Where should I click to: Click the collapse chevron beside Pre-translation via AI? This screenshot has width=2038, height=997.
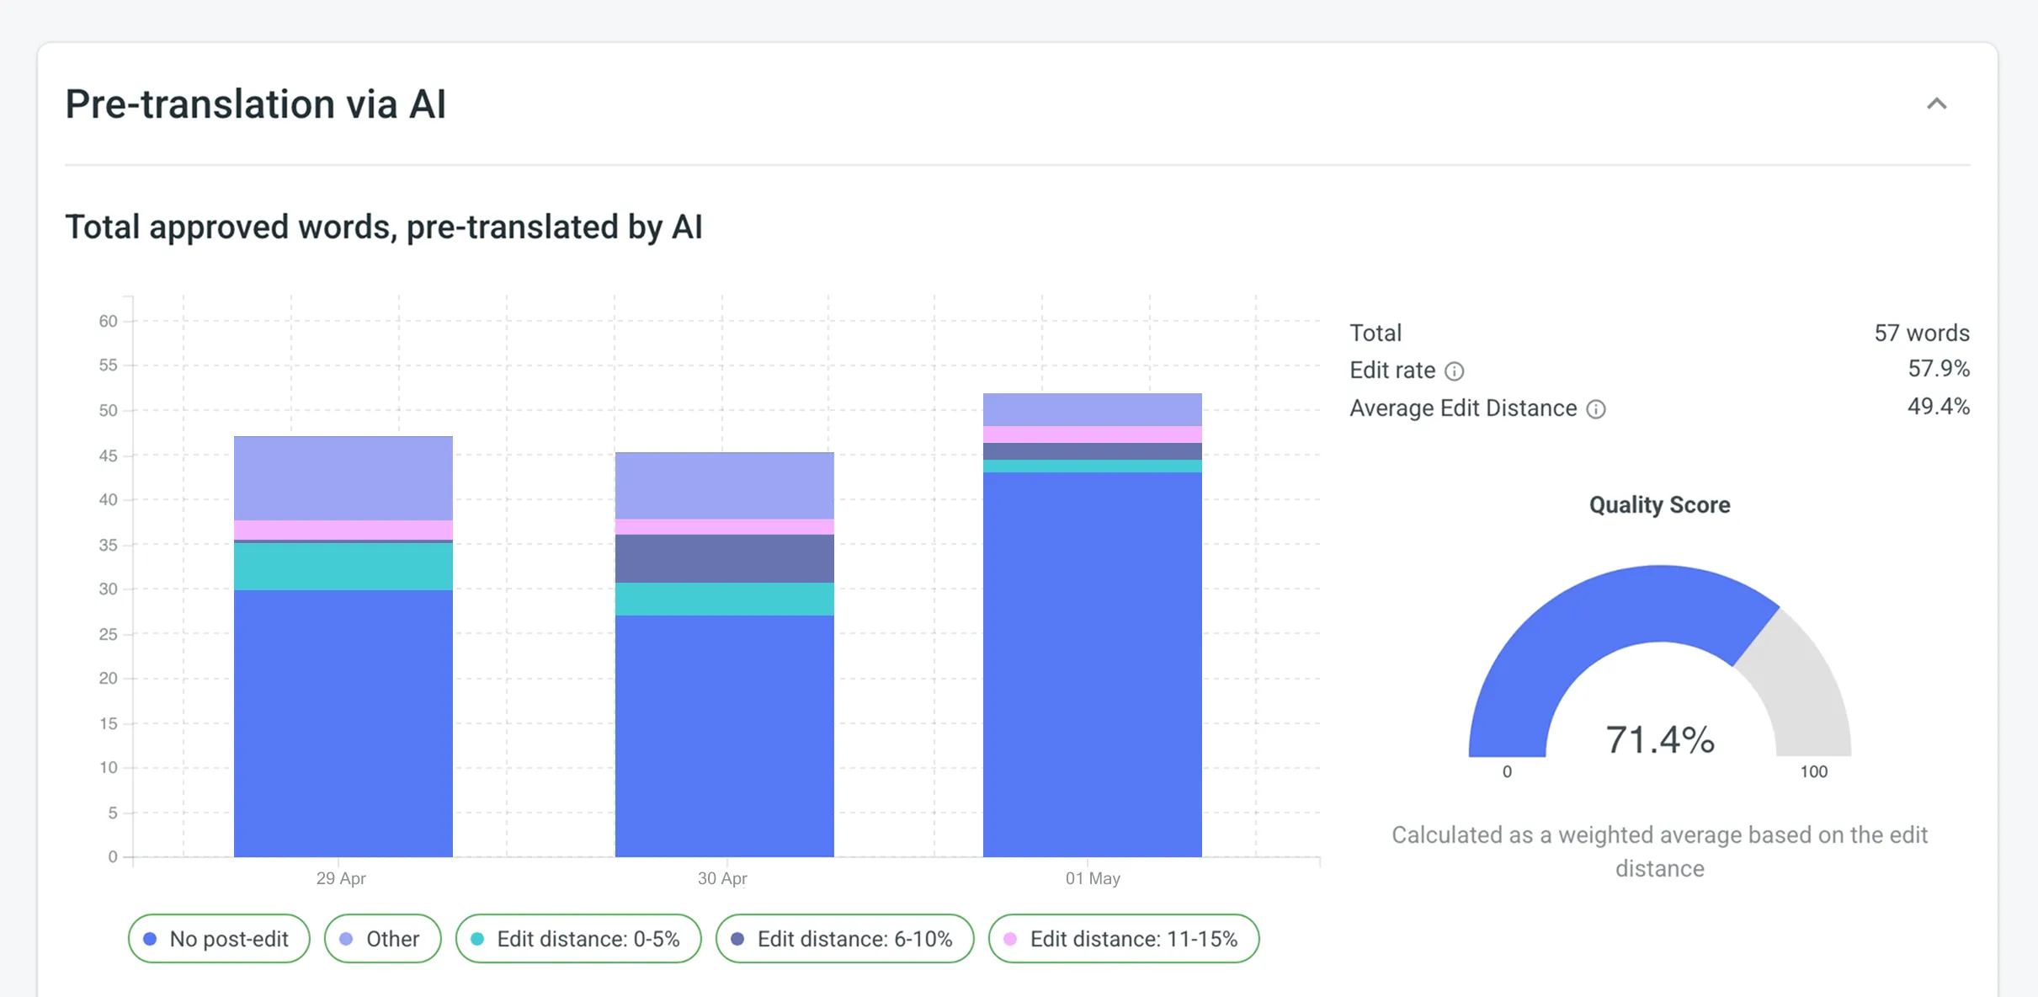click(1936, 104)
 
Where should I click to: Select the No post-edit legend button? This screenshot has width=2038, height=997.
click(219, 938)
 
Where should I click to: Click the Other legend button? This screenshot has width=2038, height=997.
click(382, 938)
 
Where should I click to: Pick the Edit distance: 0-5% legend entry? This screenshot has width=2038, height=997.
click(578, 938)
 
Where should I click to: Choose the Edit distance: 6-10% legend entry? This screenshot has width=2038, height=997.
click(844, 938)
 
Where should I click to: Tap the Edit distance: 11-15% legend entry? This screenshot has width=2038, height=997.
click(1123, 938)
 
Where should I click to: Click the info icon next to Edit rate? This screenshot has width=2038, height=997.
click(1454, 371)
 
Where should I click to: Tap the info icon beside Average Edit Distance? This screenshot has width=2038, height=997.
click(1595, 409)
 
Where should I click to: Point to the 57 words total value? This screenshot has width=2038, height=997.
click(1921, 333)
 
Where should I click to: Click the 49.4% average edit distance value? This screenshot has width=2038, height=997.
click(1938, 407)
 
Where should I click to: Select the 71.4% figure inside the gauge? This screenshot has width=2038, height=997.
click(1659, 739)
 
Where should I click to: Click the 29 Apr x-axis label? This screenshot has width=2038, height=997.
click(341, 878)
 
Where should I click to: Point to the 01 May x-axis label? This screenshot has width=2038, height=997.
click(1093, 878)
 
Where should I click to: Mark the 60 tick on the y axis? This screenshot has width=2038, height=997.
click(108, 321)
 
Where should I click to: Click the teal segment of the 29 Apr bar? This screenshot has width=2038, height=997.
click(343, 566)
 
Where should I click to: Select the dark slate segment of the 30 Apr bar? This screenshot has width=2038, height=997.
click(724, 558)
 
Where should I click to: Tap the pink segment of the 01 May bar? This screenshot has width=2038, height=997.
click(1092, 435)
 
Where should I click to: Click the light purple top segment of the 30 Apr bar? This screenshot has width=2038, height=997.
click(724, 485)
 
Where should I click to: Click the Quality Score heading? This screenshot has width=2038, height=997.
click(1659, 504)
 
